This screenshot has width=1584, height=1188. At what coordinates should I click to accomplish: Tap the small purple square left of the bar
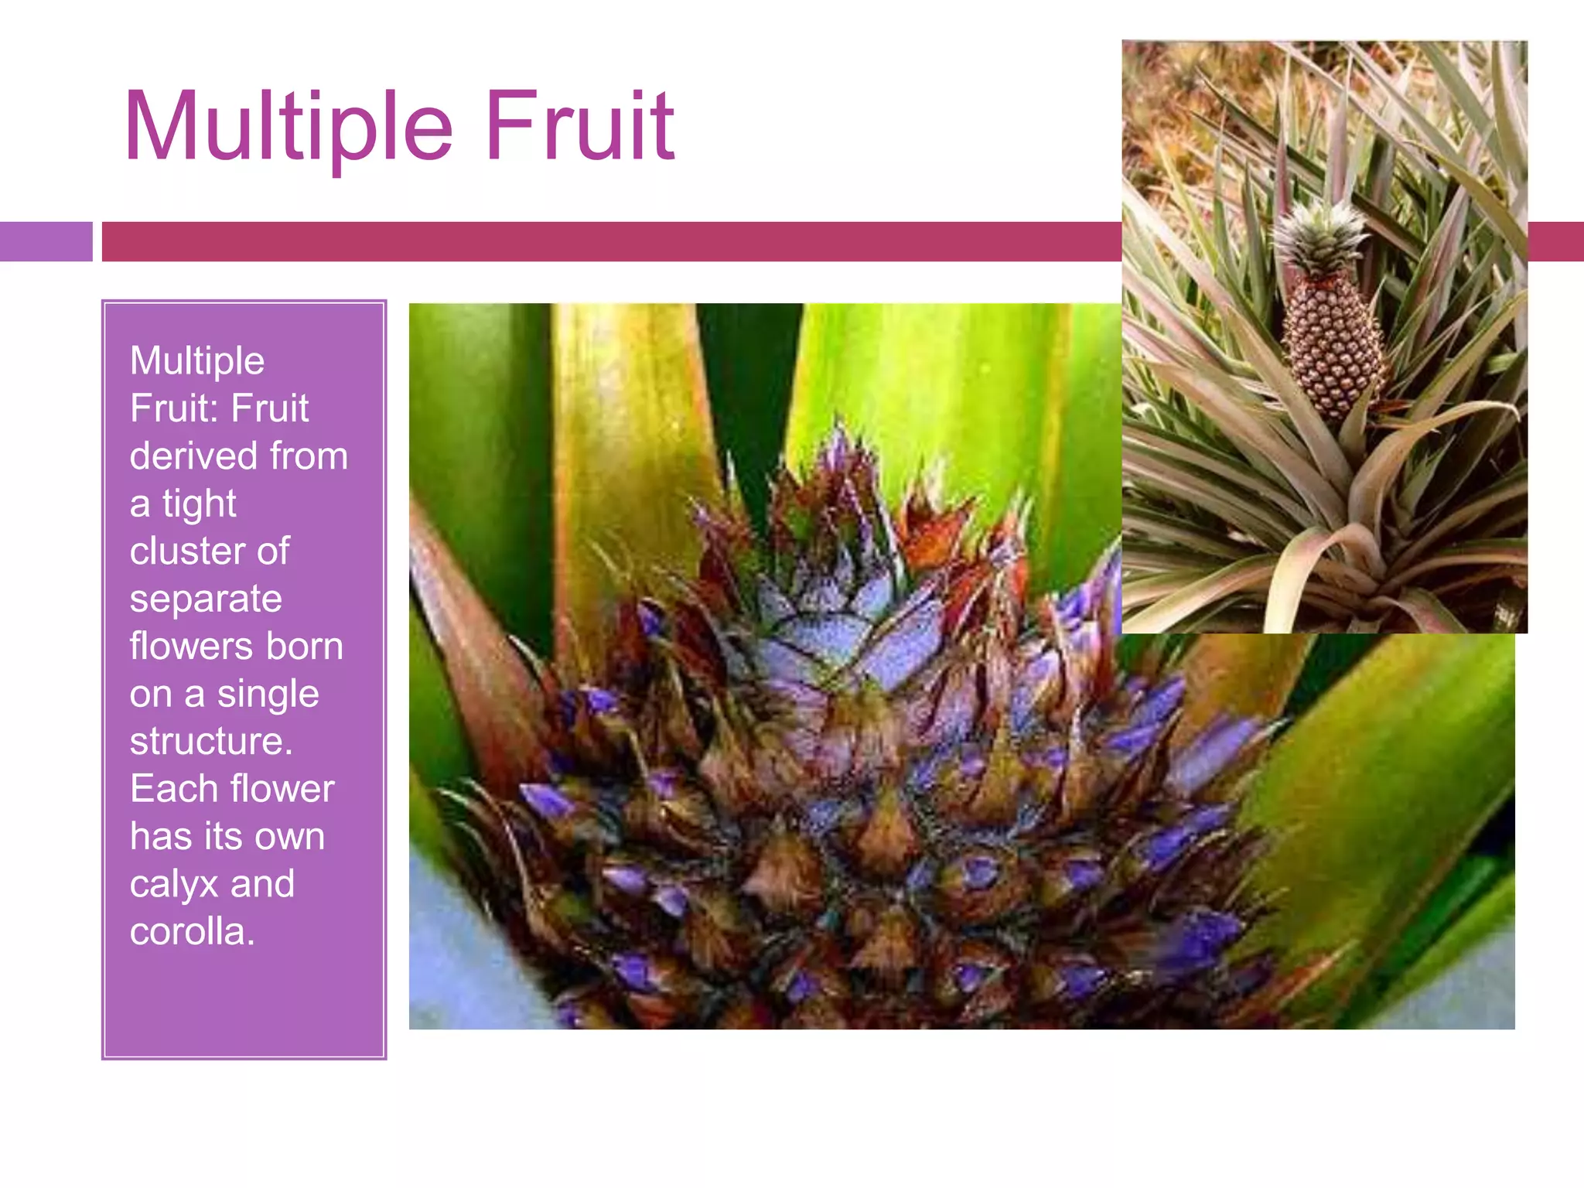pos(46,241)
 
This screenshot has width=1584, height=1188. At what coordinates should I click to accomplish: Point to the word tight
pos(199,504)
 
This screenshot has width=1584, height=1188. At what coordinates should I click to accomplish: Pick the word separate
pos(206,599)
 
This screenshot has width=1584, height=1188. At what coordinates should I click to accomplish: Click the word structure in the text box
pos(210,742)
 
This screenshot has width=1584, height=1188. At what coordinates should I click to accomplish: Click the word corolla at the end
pos(191,931)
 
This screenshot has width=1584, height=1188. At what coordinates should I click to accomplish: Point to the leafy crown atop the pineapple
pos(1319,236)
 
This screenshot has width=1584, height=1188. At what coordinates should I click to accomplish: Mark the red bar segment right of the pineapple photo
pos(1555,241)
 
